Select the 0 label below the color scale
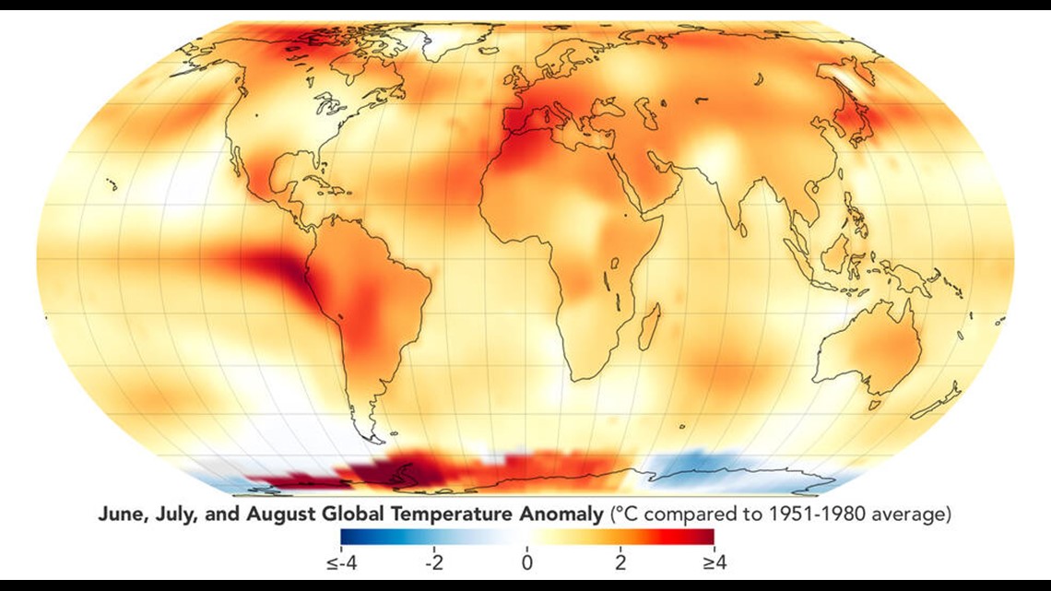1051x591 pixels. pos(525,561)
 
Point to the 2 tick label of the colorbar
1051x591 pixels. pos(620,561)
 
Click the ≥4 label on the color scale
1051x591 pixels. pos(714,561)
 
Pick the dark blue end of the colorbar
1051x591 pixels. pos(346,537)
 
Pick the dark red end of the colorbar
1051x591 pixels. pos(708,537)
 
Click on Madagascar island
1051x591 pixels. pos(650,325)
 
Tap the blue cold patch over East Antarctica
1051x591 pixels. pos(691,466)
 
